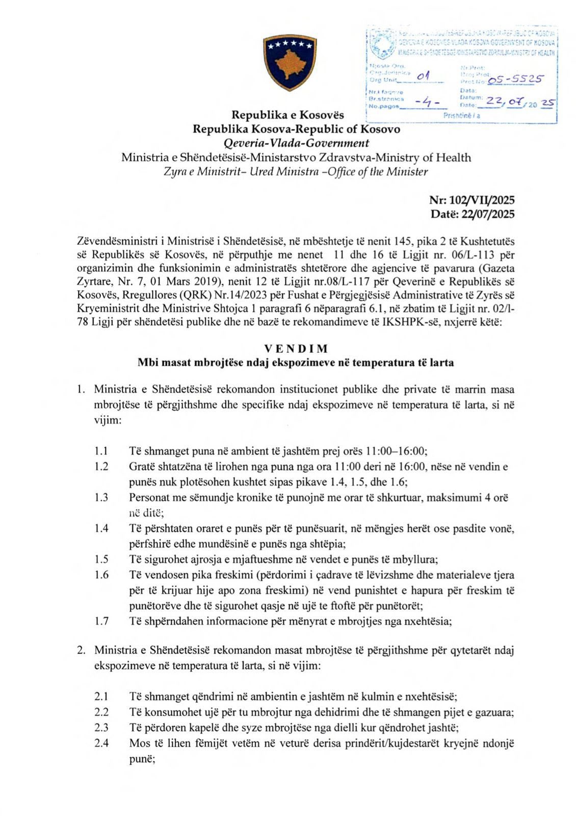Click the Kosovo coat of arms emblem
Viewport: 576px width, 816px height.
click(289, 62)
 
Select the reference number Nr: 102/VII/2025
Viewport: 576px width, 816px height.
click(472, 200)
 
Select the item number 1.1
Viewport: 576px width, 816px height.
click(101, 451)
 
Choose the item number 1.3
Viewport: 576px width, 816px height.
click(101, 497)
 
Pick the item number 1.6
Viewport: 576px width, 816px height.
click(101, 575)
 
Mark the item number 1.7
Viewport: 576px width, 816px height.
click(101, 621)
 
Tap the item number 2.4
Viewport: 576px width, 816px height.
click(101, 743)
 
